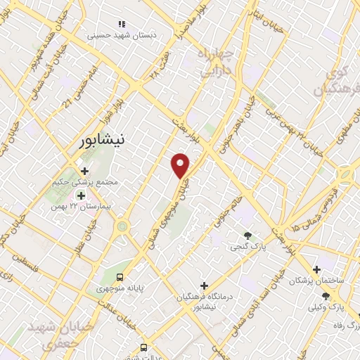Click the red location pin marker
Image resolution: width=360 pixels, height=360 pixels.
pos(181,166)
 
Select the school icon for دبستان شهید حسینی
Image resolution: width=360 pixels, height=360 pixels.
pos(124,24)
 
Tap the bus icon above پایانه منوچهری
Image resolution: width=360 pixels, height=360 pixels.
pos(120,277)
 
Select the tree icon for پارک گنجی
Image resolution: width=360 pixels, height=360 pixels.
pos(247,236)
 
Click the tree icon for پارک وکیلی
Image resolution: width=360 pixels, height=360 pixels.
pos(325,296)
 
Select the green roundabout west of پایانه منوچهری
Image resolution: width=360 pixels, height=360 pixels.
pos(123,226)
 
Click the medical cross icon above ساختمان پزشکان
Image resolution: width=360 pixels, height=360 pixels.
pos(318,269)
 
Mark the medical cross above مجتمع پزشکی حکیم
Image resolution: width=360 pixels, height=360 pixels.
pos(84,171)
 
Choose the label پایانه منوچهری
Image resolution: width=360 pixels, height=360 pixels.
pos(120,288)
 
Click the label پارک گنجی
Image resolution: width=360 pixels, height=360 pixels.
pos(247,247)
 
